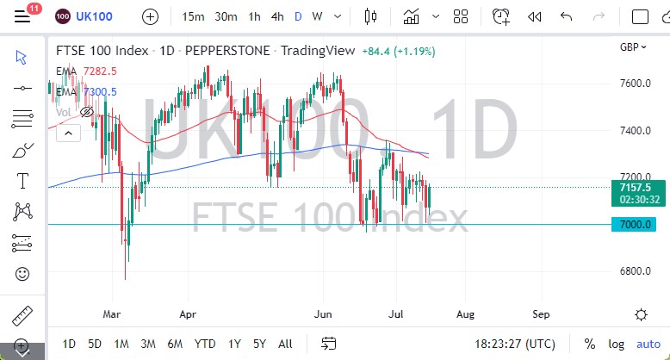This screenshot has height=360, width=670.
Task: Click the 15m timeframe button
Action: click(x=194, y=16)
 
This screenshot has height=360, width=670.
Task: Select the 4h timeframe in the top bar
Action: click(x=277, y=16)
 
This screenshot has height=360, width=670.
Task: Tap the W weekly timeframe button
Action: click(x=318, y=16)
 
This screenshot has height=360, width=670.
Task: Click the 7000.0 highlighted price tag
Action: click(x=634, y=225)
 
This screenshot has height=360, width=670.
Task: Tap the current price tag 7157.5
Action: click(x=634, y=186)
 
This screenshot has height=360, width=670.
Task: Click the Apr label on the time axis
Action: click(x=189, y=314)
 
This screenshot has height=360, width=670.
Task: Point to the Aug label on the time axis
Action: click(x=466, y=314)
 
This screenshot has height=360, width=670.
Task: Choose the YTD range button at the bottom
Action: click(x=205, y=343)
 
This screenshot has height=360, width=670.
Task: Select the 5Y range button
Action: click(x=258, y=343)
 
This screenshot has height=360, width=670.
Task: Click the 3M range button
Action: click(x=147, y=343)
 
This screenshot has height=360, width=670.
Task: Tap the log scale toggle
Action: click(x=617, y=343)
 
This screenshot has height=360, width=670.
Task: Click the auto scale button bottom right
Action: click(x=648, y=343)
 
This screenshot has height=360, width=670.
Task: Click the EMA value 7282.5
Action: click(x=99, y=72)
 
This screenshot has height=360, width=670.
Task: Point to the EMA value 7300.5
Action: click(x=99, y=91)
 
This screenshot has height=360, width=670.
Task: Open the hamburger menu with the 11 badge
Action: click(x=23, y=16)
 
